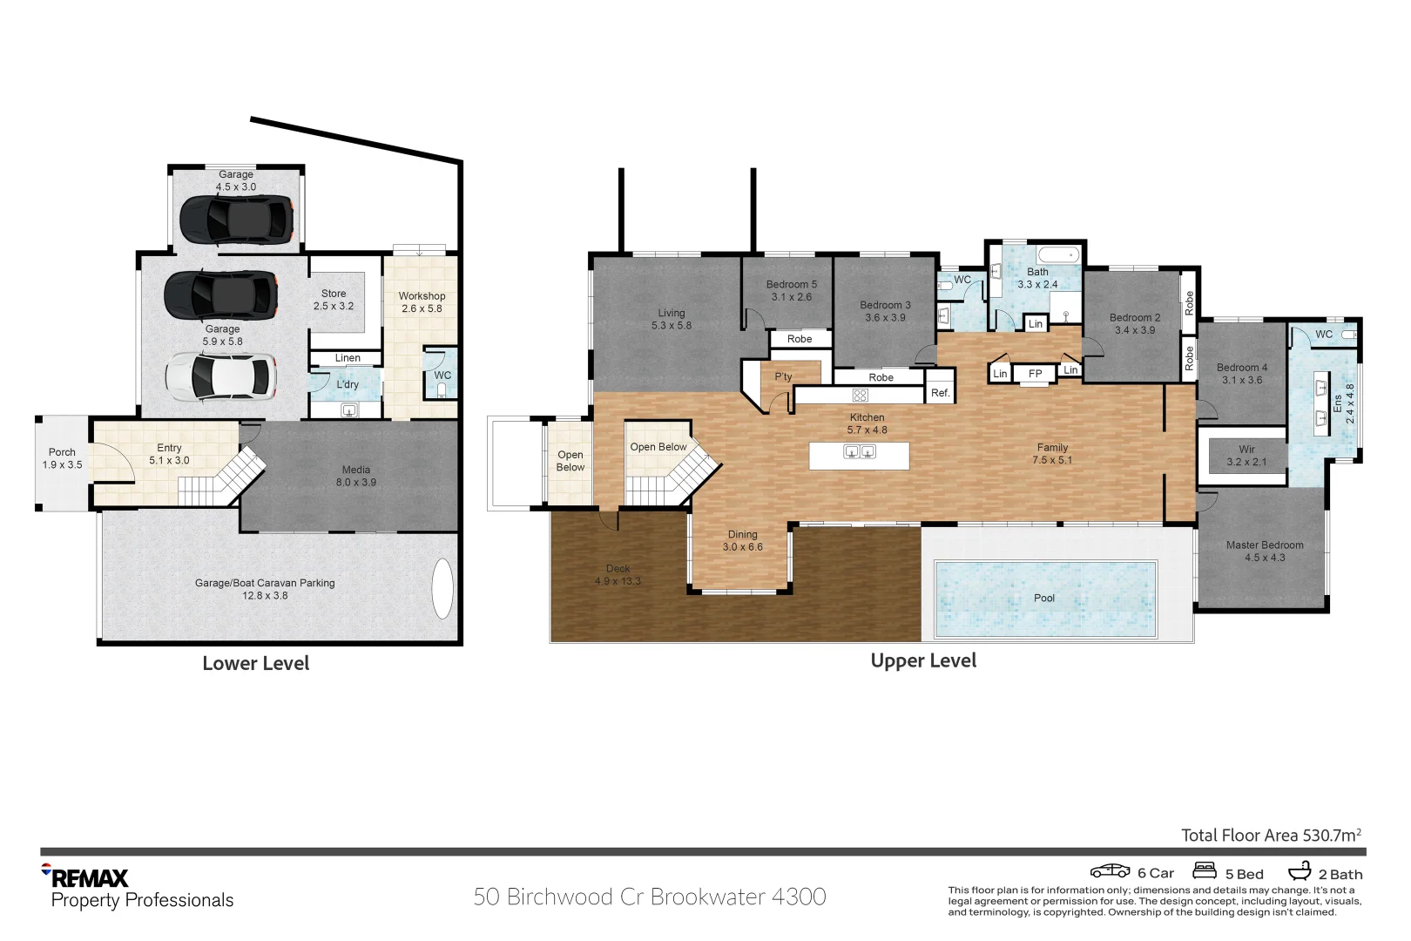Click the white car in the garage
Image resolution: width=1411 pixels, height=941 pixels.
click(x=221, y=376)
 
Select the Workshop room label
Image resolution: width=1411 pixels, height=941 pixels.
click(x=422, y=301)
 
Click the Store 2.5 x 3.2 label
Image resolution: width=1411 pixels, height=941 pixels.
click(x=334, y=300)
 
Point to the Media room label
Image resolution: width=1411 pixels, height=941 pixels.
click(x=356, y=476)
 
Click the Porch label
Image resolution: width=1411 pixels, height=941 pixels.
click(x=62, y=458)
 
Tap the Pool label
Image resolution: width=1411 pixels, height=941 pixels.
click(x=1043, y=598)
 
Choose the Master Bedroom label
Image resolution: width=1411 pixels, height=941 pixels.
click(x=1264, y=551)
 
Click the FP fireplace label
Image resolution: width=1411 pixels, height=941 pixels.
click(x=1035, y=373)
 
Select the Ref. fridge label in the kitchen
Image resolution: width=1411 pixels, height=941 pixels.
click(x=940, y=393)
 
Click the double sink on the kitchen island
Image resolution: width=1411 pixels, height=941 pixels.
click(x=859, y=452)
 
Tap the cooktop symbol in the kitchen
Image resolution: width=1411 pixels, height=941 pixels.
click(x=860, y=396)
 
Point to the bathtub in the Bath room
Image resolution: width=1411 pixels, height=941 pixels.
click(x=1058, y=255)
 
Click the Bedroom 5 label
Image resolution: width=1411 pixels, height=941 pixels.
click(x=791, y=290)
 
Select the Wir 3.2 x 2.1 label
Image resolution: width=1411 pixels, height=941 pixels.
click(x=1246, y=455)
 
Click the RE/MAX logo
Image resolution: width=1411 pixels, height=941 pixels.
click(x=84, y=876)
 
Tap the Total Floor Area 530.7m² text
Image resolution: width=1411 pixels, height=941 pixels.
click(x=1271, y=835)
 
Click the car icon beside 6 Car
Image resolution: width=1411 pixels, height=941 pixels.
click(x=1110, y=870)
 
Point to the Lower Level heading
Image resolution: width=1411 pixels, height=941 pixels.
click(x=256, y=663)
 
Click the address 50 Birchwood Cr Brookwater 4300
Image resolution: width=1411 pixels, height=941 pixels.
click(x=650, y=897)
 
